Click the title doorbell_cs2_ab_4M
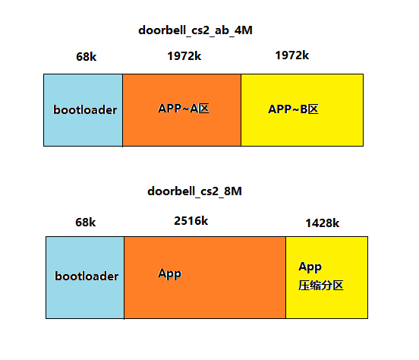click(x=195, y=30)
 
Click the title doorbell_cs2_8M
click(x=195, y=191)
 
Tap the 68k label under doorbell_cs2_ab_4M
click(x=86, y=56)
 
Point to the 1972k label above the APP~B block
click(x=291, y=55)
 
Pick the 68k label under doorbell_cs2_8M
click(x=86, y=222)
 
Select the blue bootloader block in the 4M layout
click(x=83, y=129)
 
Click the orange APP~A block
click(x=181, y=129)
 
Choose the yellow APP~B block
click(x=301, y=129)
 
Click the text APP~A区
click(x=183, y=109)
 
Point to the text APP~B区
click(x=293, y=109)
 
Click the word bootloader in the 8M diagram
click(x=87, y=276)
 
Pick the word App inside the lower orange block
click(x=170, y=273)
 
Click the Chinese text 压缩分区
click(x=321, y=286)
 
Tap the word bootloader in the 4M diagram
click(x=85, y=110)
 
